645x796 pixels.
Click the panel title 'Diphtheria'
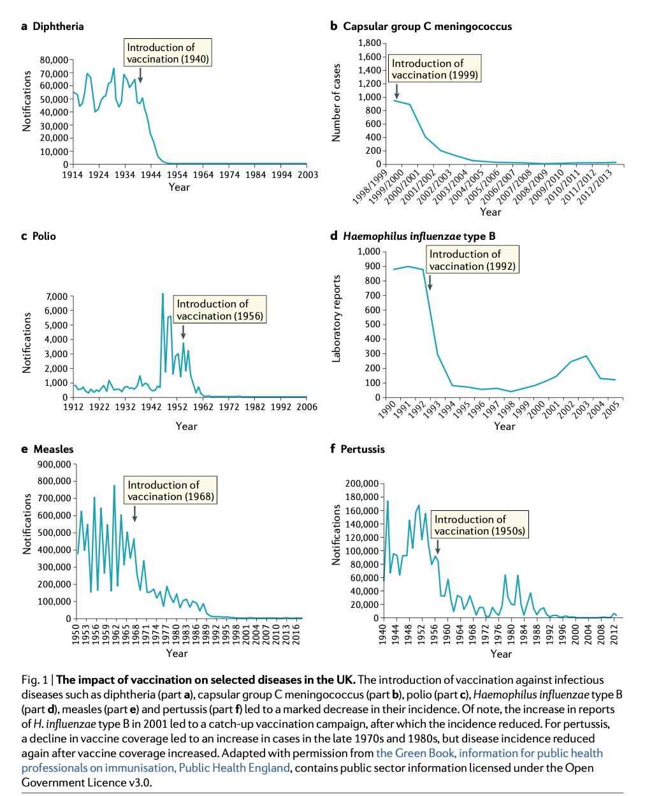pyautogui.click(x=58, y=26)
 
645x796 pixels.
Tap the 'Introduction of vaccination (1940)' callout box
pyautogui.click(x=168, y=53)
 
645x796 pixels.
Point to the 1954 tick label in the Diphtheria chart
pyautogui.click(x=177, y=174)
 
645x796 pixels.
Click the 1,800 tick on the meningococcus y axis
pyautogui.click(x=369, y=43)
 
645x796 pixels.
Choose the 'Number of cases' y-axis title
pyautogui.click(x=337, y=103)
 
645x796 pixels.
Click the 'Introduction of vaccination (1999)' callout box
pyautogui.click(x=435, y=69)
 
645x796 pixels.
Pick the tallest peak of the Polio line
pyautogui.click(x=163, y=294)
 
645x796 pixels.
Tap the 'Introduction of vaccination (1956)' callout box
pyautogui.click(x=220, y=310)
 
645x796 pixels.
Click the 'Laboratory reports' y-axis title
pyautogui.click(x=337, y=318)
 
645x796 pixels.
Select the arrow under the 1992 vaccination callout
pyautogui.click(x=430, y=282)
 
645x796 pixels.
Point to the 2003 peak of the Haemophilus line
pyautogui.click(x=586, y=356)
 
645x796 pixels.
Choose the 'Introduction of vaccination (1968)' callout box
pyautogui.click(x=171, y=490)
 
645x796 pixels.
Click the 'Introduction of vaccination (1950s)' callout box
pyautogui.click(x=480, y=525)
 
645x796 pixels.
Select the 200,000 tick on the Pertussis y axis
pyautogui.click(x=362, y=483)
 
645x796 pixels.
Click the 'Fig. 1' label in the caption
pyautogui.click(x=34, y=680)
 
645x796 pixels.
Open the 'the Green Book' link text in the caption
pyautogui.click(x=415, y=753)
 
